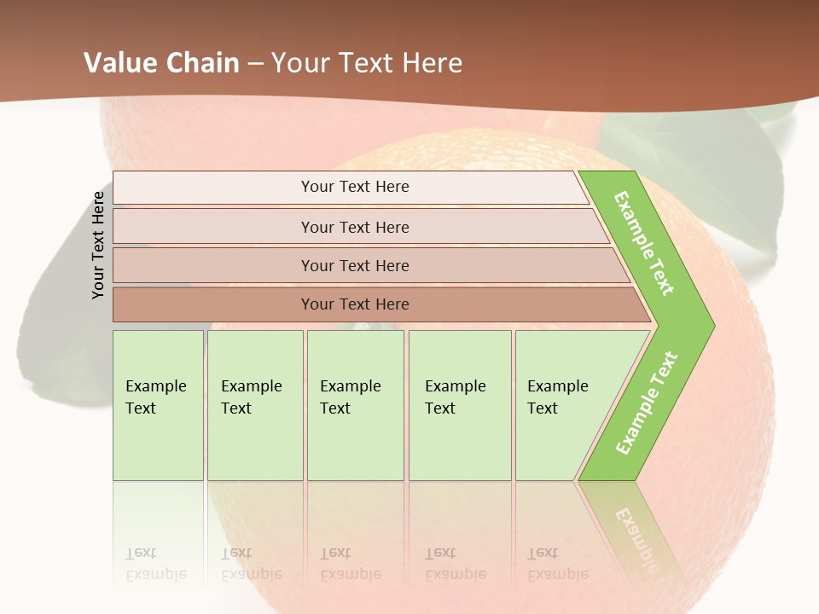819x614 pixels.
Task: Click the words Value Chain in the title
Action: [x=161, y=62]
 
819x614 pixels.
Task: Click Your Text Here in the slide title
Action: [x=367, y=62]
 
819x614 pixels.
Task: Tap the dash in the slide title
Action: [x=255, y=63]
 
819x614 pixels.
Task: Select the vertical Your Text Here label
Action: [x=98, y=245]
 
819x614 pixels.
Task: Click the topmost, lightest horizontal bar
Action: [x=354, y=187]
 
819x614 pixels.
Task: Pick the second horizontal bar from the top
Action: [x=354, y=227]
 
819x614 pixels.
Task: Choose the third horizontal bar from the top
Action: [x=354, y=265]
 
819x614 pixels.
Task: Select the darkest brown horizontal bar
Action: [x=354, y=304]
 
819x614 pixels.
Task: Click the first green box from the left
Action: [x=158, y=405]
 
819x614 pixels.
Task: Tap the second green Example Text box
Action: [x=254, y=405]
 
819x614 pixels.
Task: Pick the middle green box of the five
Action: [x=355, y=405]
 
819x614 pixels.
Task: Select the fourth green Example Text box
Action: [x=459, y=405]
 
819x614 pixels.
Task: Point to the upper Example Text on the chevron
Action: [x=644, y=243]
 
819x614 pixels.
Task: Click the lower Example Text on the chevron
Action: [x=647, y=403]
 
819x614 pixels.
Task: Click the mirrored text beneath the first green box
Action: [x=155, y=564]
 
